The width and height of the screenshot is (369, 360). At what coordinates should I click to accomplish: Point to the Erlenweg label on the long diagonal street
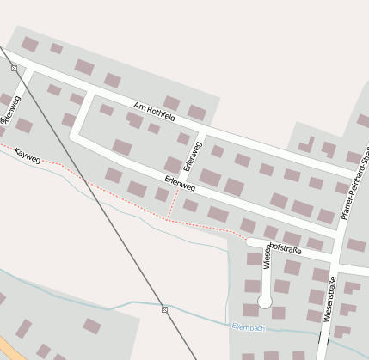181,182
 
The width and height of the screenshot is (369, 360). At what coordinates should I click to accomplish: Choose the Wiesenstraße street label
329,294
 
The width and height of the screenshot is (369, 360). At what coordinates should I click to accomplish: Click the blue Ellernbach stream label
249,327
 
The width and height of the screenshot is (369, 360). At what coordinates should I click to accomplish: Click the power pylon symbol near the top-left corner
14,68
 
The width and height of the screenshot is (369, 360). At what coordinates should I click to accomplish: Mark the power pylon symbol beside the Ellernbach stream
164,309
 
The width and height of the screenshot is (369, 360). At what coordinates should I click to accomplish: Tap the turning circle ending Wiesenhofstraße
265,302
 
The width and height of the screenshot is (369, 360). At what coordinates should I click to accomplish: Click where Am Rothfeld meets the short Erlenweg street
204,131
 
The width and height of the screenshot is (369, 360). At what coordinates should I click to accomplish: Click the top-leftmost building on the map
29,44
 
